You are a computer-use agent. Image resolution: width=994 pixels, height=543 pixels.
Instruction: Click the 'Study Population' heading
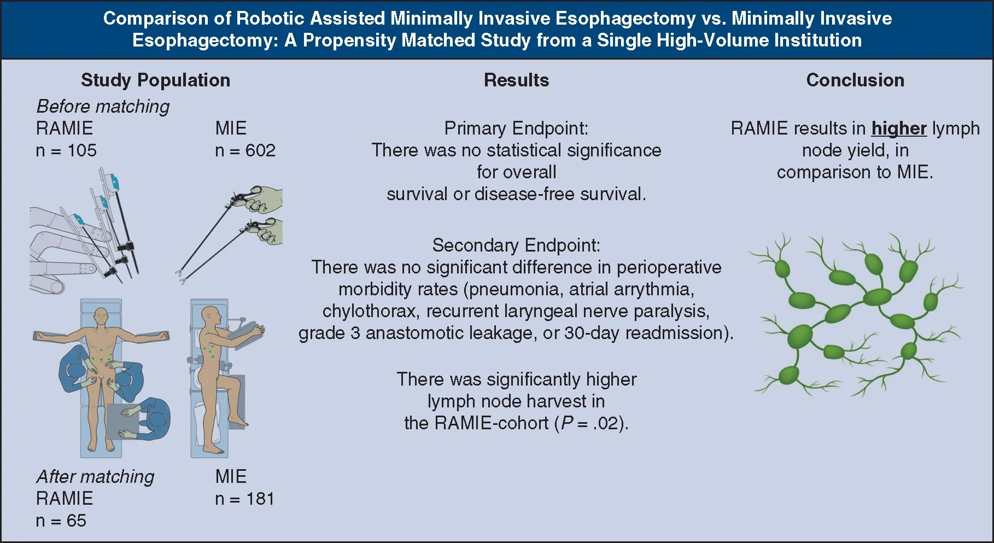coord(155,80)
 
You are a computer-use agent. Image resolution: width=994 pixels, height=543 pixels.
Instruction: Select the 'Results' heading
coord(516,80)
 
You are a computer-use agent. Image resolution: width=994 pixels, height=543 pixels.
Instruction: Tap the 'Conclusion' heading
coord(855,80)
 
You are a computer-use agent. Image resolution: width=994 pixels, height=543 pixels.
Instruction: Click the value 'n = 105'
coord(66,150)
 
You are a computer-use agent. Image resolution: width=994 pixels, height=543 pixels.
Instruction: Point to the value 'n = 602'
coord(245,150)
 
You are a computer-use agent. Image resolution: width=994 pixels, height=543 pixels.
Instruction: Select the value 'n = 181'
coord(244,499)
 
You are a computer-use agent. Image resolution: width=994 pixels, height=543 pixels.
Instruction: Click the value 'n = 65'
coord(61,521)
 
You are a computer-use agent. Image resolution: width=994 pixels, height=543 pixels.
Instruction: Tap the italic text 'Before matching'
coord(103,106)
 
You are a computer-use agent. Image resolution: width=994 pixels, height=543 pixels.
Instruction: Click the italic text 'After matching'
coord(95,476)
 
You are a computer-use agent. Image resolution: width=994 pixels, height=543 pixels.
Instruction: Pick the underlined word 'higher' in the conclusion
coord(898,129)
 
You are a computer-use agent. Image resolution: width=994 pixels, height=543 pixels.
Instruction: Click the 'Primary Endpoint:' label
coord(516,129)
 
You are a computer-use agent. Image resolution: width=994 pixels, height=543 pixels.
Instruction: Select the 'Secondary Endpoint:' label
coord(516,245)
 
